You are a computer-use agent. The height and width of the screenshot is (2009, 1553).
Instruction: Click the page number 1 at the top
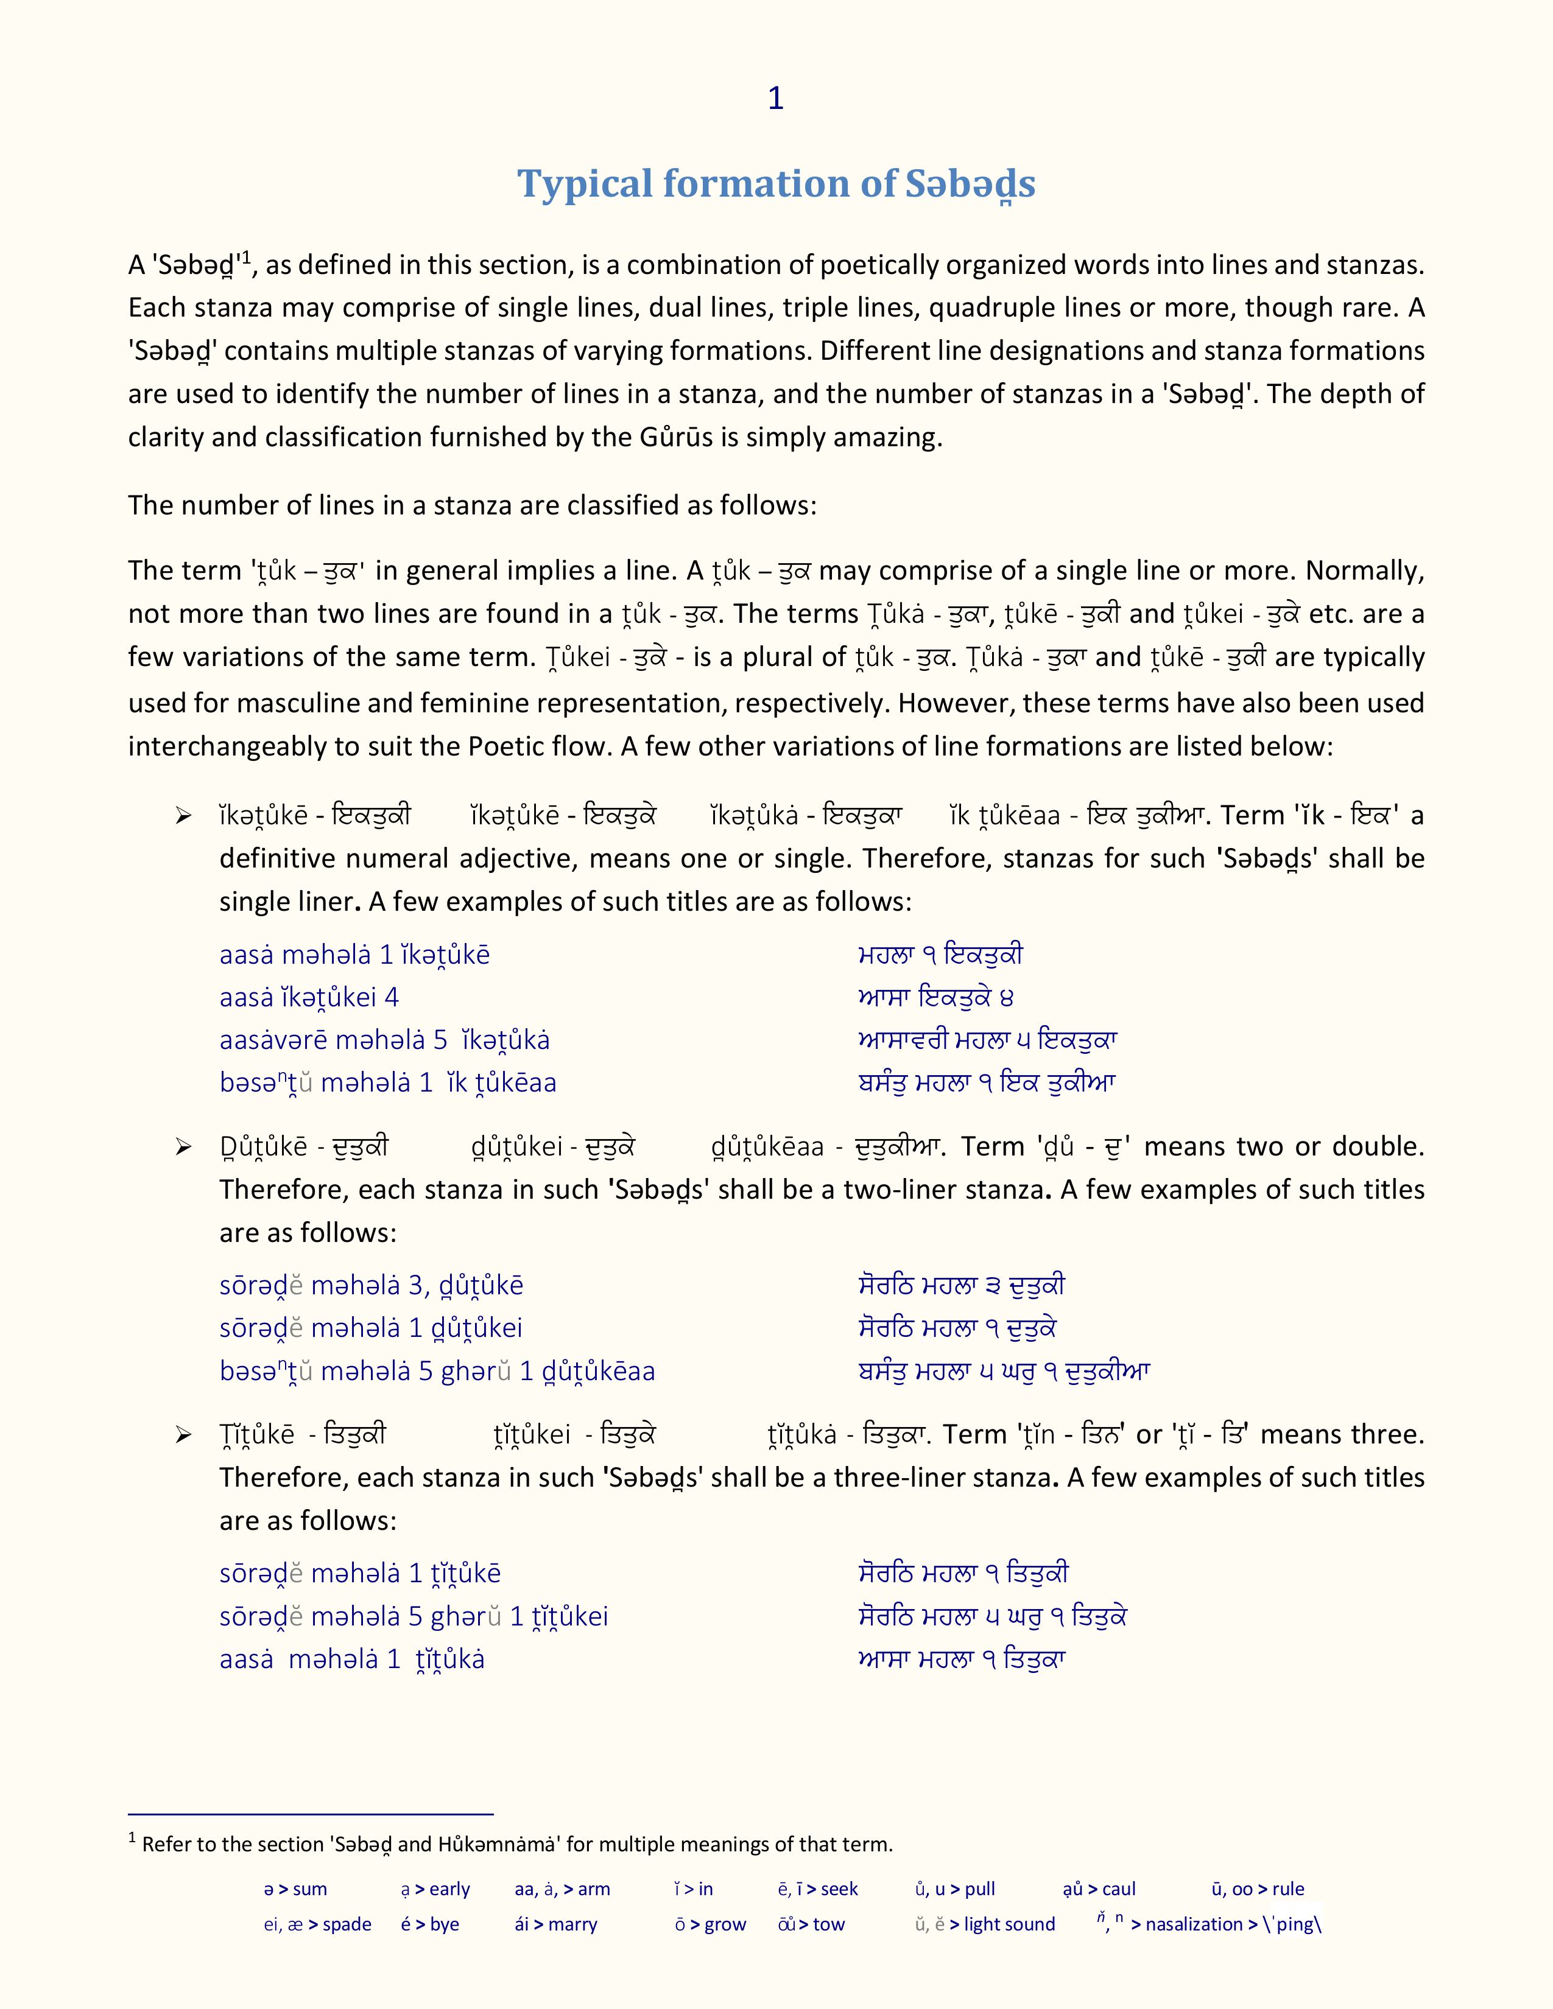click(775, 99)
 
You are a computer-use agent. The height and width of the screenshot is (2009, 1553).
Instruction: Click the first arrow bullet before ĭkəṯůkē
click(183, 816)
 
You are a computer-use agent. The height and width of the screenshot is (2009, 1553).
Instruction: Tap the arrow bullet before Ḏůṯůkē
click(183, 1147)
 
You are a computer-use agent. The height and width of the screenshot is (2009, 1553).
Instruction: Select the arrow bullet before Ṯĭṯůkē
click(183, 1435)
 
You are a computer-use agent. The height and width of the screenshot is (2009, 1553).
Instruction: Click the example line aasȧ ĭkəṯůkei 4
click(309, 998)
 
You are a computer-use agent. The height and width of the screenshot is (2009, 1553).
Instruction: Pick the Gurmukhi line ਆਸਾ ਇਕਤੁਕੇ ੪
click(935, 998)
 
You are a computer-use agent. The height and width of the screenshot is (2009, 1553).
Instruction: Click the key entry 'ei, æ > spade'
click(317, 1924)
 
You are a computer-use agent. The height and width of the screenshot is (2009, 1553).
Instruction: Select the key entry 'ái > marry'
click(555, 1924)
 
